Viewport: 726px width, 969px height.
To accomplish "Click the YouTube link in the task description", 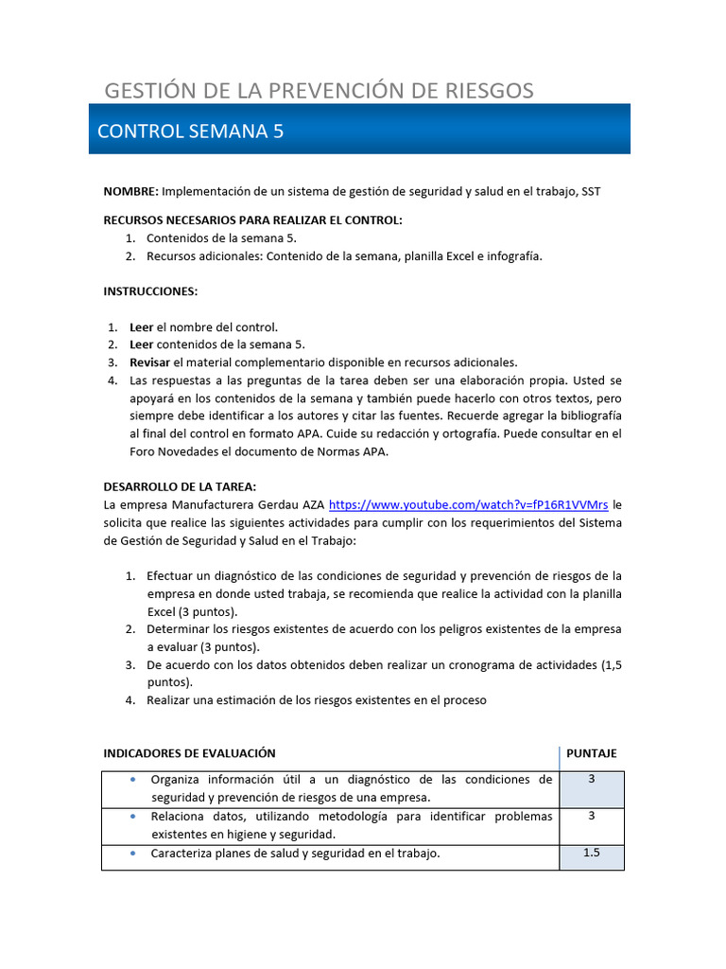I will pos(468,505).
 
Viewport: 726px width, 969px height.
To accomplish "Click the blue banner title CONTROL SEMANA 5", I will pos(190,132).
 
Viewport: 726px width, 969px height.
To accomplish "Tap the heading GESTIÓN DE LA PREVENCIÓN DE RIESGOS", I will pos(319,91).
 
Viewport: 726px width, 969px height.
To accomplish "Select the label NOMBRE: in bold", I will pos(130,191).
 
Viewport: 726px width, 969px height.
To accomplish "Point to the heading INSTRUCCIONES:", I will pos(150,291).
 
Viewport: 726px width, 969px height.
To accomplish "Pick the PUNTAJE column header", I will pos(591,753).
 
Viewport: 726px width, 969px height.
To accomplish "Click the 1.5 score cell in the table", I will pos(592,853).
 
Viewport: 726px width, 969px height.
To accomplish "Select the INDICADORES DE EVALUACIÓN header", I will pos(189,753).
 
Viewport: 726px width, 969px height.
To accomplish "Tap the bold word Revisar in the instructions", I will pos(148,362).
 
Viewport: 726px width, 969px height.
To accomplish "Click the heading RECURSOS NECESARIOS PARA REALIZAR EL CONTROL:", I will pos(252,220).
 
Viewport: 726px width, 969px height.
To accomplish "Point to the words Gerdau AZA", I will pos(290,505).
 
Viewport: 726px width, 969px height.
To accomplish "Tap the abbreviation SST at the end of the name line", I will pos(591,191).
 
